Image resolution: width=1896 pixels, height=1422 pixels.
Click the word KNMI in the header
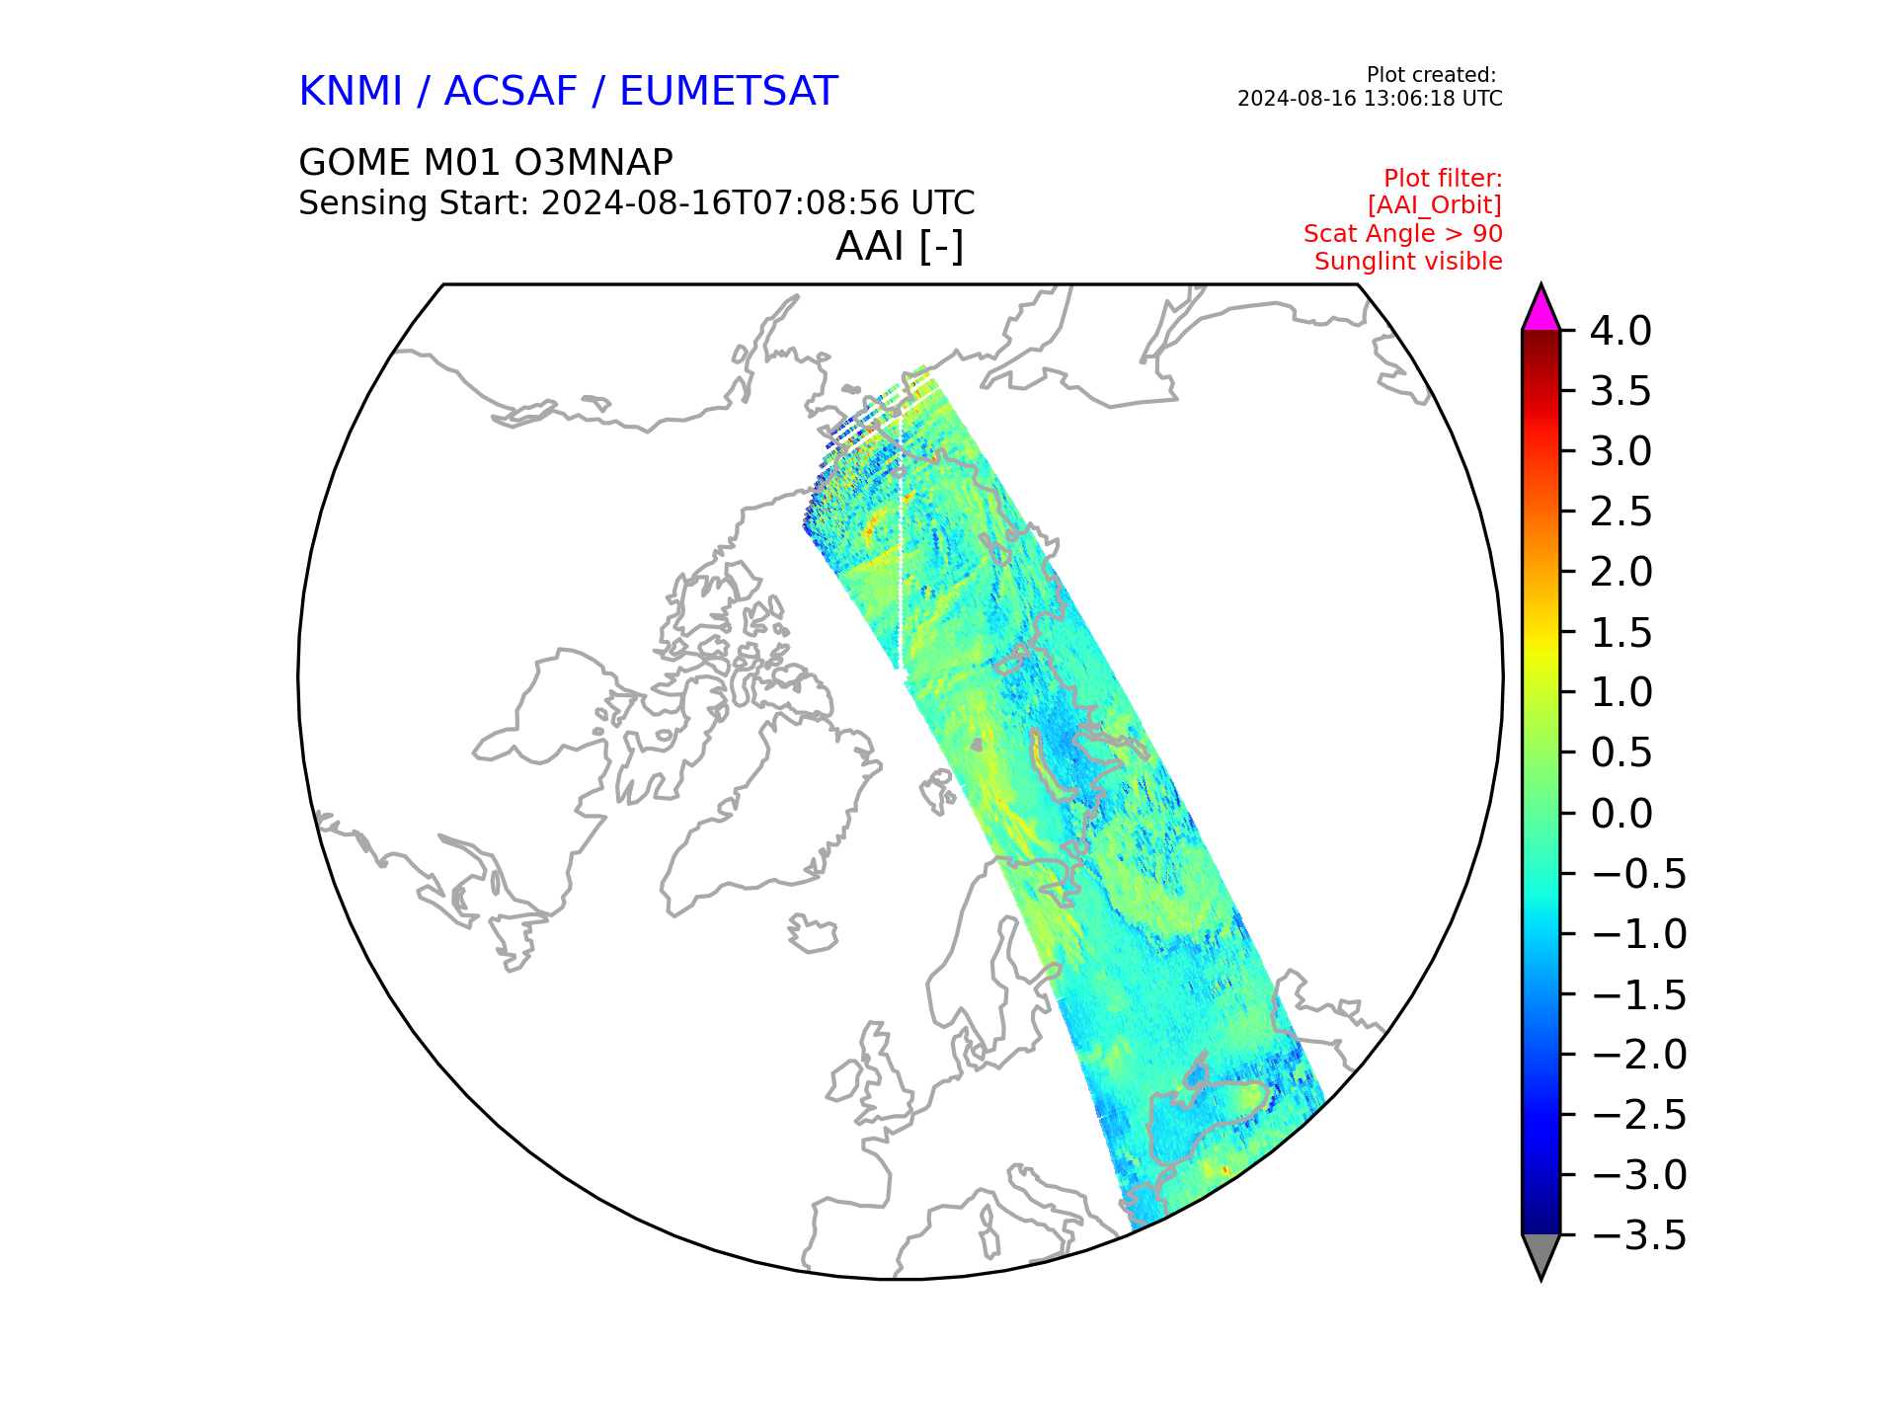[351, 92]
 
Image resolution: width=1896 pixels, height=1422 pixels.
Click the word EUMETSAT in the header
[729, 92]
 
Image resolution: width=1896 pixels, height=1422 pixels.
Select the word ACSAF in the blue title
[511, 92]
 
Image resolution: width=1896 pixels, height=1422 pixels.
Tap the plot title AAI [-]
[900, 246]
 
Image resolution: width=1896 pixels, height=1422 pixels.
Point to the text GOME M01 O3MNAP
[486, 162]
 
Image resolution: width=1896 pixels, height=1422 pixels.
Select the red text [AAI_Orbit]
[1435, 205]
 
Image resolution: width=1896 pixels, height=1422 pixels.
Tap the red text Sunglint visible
[1408, 262]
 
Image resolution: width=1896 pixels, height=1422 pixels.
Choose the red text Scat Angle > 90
[1403, 234]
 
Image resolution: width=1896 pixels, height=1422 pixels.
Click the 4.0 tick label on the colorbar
[1620, 331]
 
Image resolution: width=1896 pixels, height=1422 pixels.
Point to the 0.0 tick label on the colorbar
[1620, 814]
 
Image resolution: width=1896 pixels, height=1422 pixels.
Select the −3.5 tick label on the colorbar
[1639, 1235]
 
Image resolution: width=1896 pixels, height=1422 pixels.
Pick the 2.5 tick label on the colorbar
[1620, 512]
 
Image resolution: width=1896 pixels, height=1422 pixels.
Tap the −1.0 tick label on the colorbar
[1639, 934]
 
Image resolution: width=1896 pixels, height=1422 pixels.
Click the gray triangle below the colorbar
[1540, 1255]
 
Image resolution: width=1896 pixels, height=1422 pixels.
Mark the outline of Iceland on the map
[813, 932]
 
